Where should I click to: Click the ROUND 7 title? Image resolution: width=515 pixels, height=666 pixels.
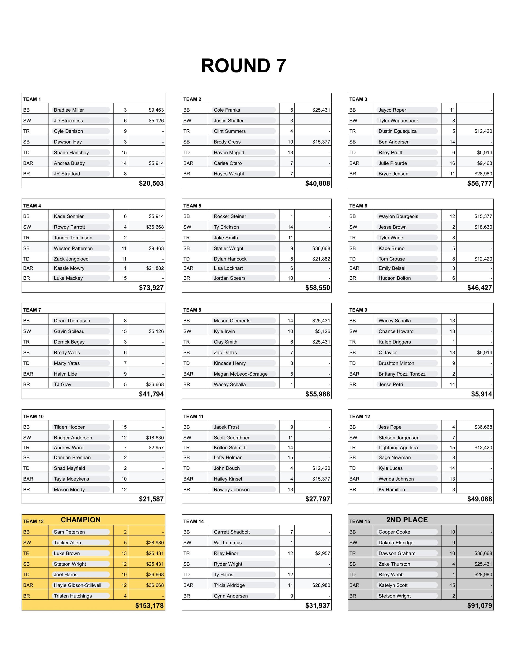pos(243,66)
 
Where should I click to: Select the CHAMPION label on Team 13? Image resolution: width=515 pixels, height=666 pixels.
pos(80,520)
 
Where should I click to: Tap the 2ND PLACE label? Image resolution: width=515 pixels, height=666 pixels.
pos(407,520)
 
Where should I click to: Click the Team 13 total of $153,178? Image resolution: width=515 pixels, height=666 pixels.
pos(150,606)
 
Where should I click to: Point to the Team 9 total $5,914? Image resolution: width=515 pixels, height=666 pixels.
pos(481,394)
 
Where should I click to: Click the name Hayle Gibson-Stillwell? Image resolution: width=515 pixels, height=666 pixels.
pos(78,585)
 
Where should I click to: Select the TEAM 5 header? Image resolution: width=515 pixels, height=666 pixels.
pos(192,206)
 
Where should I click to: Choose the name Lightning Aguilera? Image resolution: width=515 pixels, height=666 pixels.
pos(398,448)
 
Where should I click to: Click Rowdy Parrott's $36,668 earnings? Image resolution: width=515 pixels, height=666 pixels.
pos(155,227)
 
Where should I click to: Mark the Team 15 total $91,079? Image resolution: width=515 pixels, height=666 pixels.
pos(480,606)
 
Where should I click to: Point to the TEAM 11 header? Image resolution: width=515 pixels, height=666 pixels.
pos(193,417)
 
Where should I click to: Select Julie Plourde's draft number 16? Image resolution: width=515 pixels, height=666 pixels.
pos(452,163)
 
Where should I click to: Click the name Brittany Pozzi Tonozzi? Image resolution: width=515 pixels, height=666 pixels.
pos(403,374)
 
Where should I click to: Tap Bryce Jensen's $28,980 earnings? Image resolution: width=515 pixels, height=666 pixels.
pos(483,174)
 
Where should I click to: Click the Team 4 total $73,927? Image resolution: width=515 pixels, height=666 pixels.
pos(151,288)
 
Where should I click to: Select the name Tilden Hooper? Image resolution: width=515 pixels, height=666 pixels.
pos(69,427)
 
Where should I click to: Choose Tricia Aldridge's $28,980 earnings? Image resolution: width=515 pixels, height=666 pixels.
pos(321,585)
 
